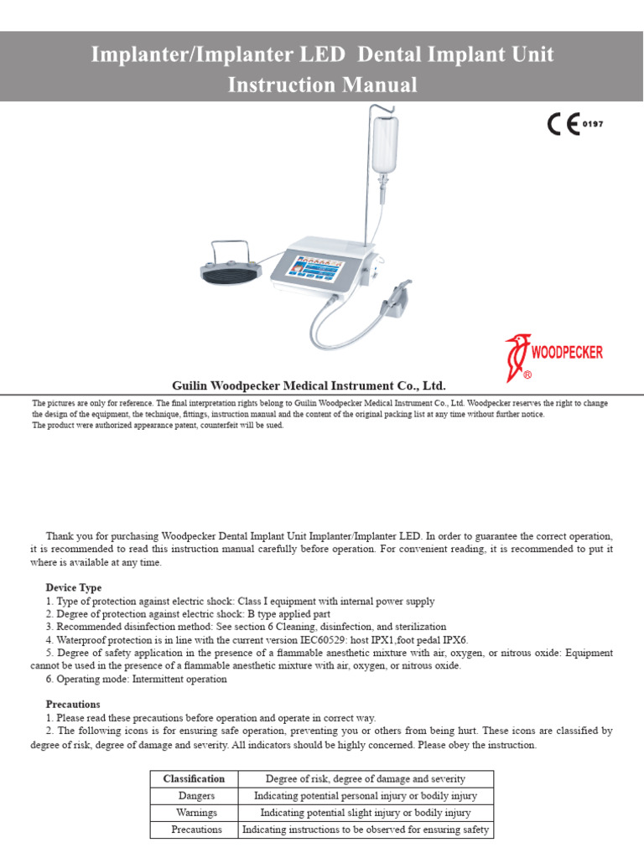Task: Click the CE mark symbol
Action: pos(563,124)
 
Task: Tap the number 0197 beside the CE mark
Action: pos(593,124)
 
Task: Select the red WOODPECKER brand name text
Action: pos(567,352)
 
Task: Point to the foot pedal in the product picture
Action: pos(231,266)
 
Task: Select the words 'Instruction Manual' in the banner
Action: pos(322,85)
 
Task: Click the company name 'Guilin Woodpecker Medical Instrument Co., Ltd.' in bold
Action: pos(309,385)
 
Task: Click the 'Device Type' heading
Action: pos(74,587)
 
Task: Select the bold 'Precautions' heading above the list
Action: pos(73,704)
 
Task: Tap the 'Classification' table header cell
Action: pos(194,778)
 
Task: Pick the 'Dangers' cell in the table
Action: pos(196,796)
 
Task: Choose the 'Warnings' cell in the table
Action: pos(196,813)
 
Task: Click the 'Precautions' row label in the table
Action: pos(196,830)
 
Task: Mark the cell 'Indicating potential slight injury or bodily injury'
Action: pos(366,813)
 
